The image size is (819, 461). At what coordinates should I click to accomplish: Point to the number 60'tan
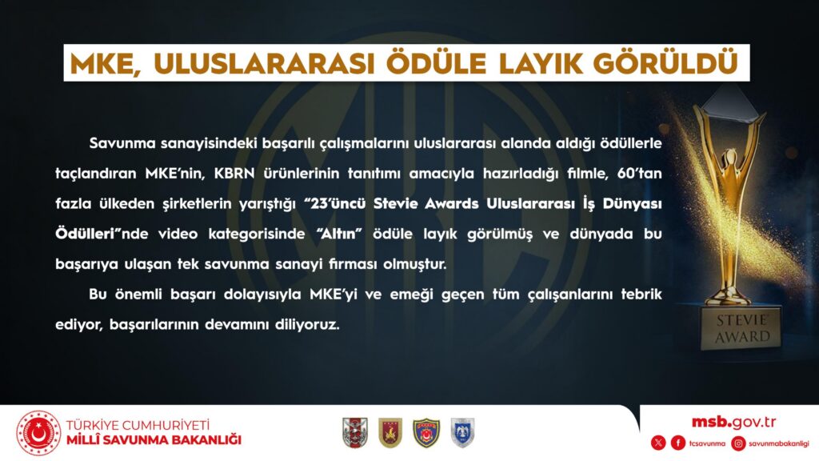[639, 173]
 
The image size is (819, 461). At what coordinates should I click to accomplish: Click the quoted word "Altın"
[339, 233]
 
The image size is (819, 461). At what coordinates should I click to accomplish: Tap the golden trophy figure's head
[729, 156]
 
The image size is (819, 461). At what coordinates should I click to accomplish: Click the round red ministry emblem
[38, 433]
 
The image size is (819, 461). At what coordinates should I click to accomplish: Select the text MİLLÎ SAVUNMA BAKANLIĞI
[154, 440]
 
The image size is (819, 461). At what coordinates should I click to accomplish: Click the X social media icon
[658, 443]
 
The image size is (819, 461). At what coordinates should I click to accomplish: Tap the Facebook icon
[678, 443]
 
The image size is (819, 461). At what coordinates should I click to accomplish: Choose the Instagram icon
[738, 443]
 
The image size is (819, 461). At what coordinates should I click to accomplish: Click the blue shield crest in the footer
[462, 433]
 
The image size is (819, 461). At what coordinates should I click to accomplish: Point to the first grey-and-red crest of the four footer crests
[355, 433]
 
